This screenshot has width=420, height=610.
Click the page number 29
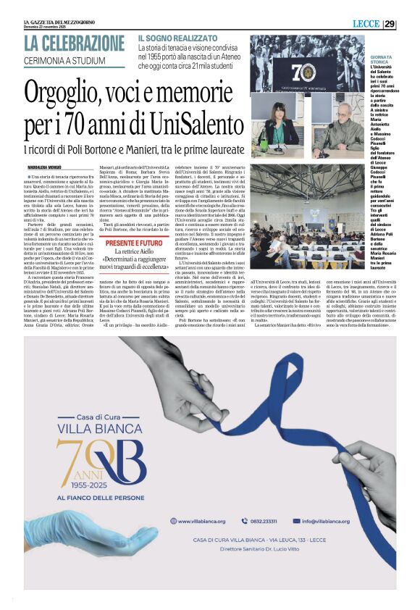pyautogui.click(x=410, y=24)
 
